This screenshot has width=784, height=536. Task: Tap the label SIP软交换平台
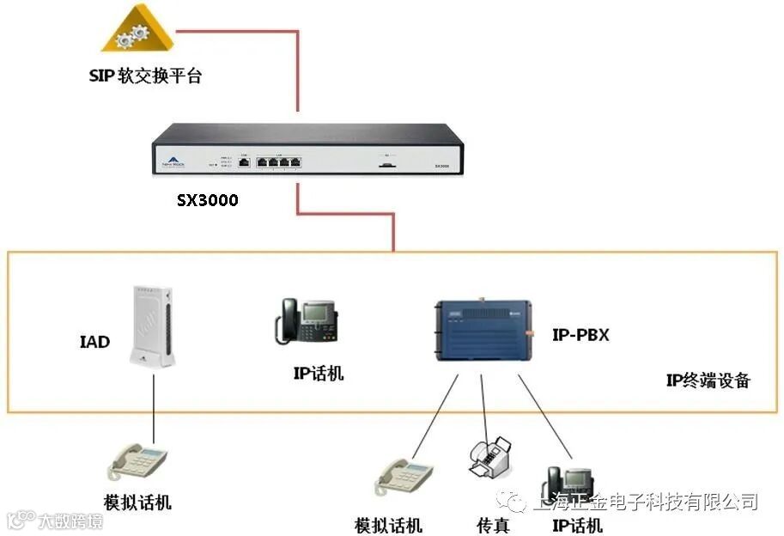point(145,76)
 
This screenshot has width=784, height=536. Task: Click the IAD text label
point(94,342)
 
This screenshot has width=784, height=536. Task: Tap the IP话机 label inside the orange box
point(318,373)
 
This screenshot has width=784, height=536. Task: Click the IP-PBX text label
point(580,335)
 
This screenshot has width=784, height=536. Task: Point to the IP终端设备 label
point(708,380)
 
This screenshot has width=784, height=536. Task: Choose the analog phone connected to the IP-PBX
point(403,477)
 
